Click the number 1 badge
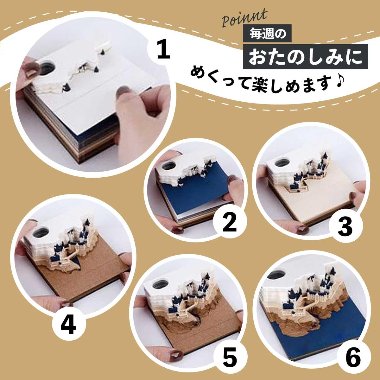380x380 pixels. click(163, 51)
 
